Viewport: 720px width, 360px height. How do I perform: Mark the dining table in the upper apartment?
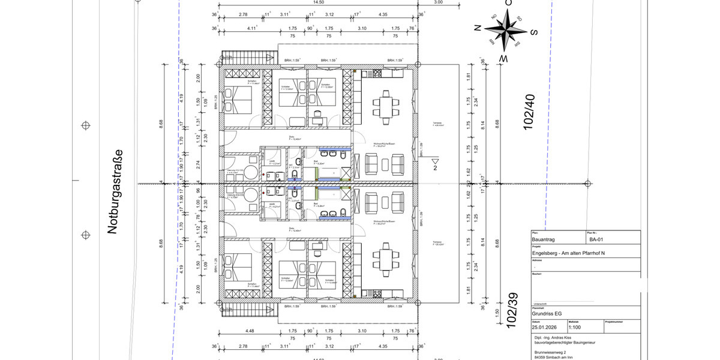coord(385,107)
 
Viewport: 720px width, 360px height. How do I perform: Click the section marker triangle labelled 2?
coord(436,162)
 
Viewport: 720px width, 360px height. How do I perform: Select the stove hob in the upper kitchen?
coord(378,74)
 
